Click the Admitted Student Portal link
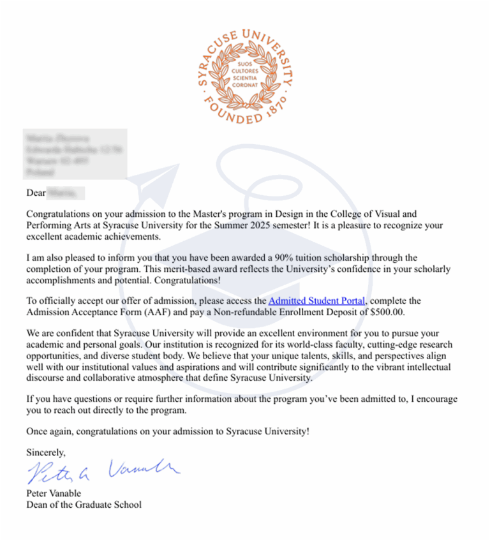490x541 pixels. (317, 300)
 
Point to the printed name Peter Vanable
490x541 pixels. (54, 493)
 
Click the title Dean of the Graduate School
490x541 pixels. (84, 505)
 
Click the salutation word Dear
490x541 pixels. (36, 192)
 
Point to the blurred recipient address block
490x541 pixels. (75, 154)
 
